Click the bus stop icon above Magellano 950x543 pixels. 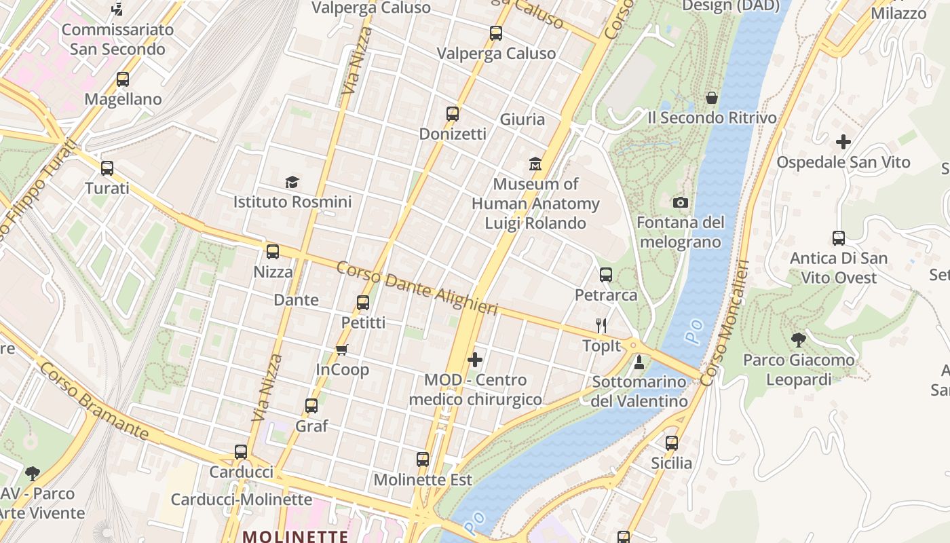(x=123, y=79)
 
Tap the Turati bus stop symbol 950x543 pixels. (x=107, y=168)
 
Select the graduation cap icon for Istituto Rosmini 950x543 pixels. (x=292, y=182)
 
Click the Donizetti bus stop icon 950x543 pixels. (x=453, y=114)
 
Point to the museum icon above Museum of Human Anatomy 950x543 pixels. (x=535, y=164)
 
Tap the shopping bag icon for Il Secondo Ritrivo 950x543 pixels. (x=712, y=98)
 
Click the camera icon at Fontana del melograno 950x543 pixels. (x=681, y=202)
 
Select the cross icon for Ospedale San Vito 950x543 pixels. (x=843, y=142)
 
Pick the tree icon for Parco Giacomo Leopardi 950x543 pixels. (x=799, y=339)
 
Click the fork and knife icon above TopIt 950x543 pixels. (x=601, y=326)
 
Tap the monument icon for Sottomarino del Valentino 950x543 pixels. (x=639, y=362)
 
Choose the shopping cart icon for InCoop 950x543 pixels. (x=342, y=350)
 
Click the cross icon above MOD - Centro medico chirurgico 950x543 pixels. (x=475, y=360)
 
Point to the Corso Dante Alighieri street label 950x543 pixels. (x=417, y=288)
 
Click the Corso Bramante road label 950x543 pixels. (x=94, y=400)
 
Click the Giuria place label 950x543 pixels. (x=522, y=119)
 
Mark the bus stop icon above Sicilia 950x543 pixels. (x=672, y=443)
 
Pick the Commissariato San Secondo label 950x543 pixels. (x=117, y=39)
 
